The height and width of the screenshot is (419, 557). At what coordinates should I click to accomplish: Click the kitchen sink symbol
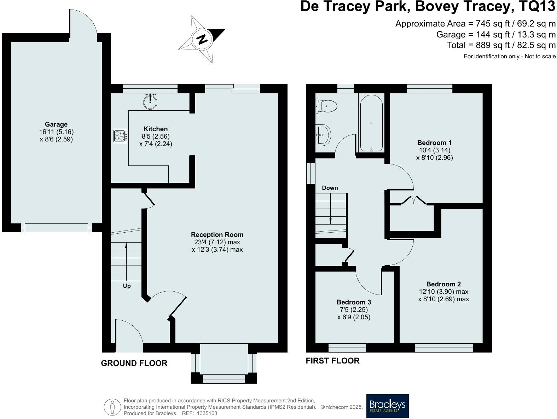[151, 102]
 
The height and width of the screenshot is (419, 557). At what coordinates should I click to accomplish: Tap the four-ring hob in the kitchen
[120, 136]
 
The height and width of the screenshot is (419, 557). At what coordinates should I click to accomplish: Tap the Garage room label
[56, 124]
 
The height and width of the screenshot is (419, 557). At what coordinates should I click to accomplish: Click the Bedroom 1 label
[434, 143]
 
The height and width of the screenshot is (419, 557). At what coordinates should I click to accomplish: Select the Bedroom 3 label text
[354, 302]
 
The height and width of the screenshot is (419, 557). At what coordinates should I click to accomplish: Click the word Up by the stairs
[127, 286]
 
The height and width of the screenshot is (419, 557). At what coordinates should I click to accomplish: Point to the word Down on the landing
[330, 188]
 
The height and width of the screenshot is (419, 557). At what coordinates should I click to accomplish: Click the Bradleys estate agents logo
[387, 406]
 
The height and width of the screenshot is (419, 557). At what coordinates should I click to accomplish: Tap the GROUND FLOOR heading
[134, 363]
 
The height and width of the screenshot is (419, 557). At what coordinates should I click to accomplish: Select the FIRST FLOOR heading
[332, 361]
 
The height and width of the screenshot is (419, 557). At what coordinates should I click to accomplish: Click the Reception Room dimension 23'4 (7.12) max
[217, 242]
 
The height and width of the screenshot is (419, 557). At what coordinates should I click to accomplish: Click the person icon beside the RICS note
[112, 407]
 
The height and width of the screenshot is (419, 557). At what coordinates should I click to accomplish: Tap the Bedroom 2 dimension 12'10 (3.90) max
[443, 292]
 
